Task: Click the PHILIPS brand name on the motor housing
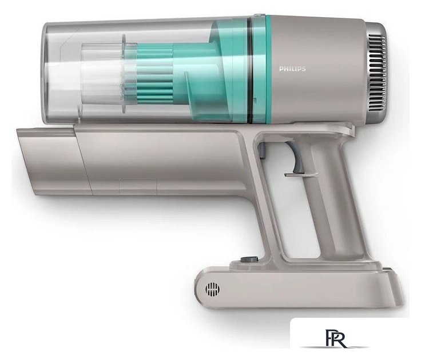point(292,69)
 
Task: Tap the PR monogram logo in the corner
point(336,338)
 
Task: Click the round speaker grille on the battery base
point(212,289)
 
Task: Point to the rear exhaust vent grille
point(378,73)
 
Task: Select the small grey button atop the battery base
point(249,259)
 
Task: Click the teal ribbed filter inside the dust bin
point(155,74)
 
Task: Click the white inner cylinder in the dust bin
point(101,74)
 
